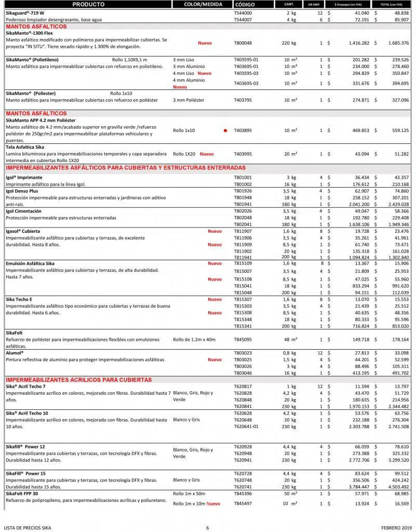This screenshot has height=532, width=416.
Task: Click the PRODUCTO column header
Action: point(88,4)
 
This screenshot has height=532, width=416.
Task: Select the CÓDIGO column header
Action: point(245,4)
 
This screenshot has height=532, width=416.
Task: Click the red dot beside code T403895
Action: point(225,130)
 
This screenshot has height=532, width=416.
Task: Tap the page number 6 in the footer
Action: point(207,528)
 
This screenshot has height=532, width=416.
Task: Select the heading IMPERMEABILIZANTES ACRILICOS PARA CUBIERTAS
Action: point(78,380)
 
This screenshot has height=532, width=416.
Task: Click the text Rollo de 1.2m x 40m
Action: point(194,339)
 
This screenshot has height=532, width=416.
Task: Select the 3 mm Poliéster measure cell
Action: point(189,100)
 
